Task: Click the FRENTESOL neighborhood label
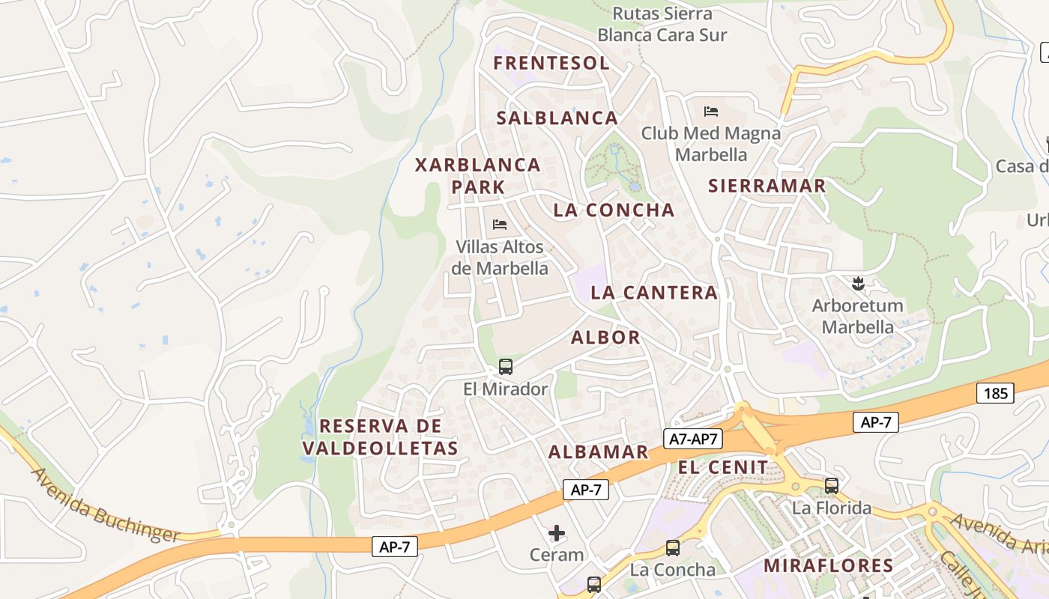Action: pos(551,63)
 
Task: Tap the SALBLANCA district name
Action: pos(557,118)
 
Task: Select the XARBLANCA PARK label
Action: pos(478,175)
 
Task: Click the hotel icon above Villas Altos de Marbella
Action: pos(500,224)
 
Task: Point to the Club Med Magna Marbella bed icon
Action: pos(711,112)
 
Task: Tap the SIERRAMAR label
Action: pos(767,186)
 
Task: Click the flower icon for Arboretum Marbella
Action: pos(856,284)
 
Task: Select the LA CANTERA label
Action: pos(653,293)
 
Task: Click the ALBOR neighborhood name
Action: pos(605,338)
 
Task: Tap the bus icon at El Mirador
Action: pos(506,367)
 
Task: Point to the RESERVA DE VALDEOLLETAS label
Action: pos(380,437)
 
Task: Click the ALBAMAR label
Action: pos(598,451)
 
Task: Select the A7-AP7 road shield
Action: pos(693,440)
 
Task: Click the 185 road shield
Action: pos(995,393)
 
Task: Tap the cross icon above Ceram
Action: pos(557,533)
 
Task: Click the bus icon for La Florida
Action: pos(832,486)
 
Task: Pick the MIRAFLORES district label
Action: pos(828,565)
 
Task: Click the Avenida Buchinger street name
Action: pos(105,506)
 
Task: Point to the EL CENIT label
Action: pos(723,468)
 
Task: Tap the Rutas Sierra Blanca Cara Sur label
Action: pos(662,24)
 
